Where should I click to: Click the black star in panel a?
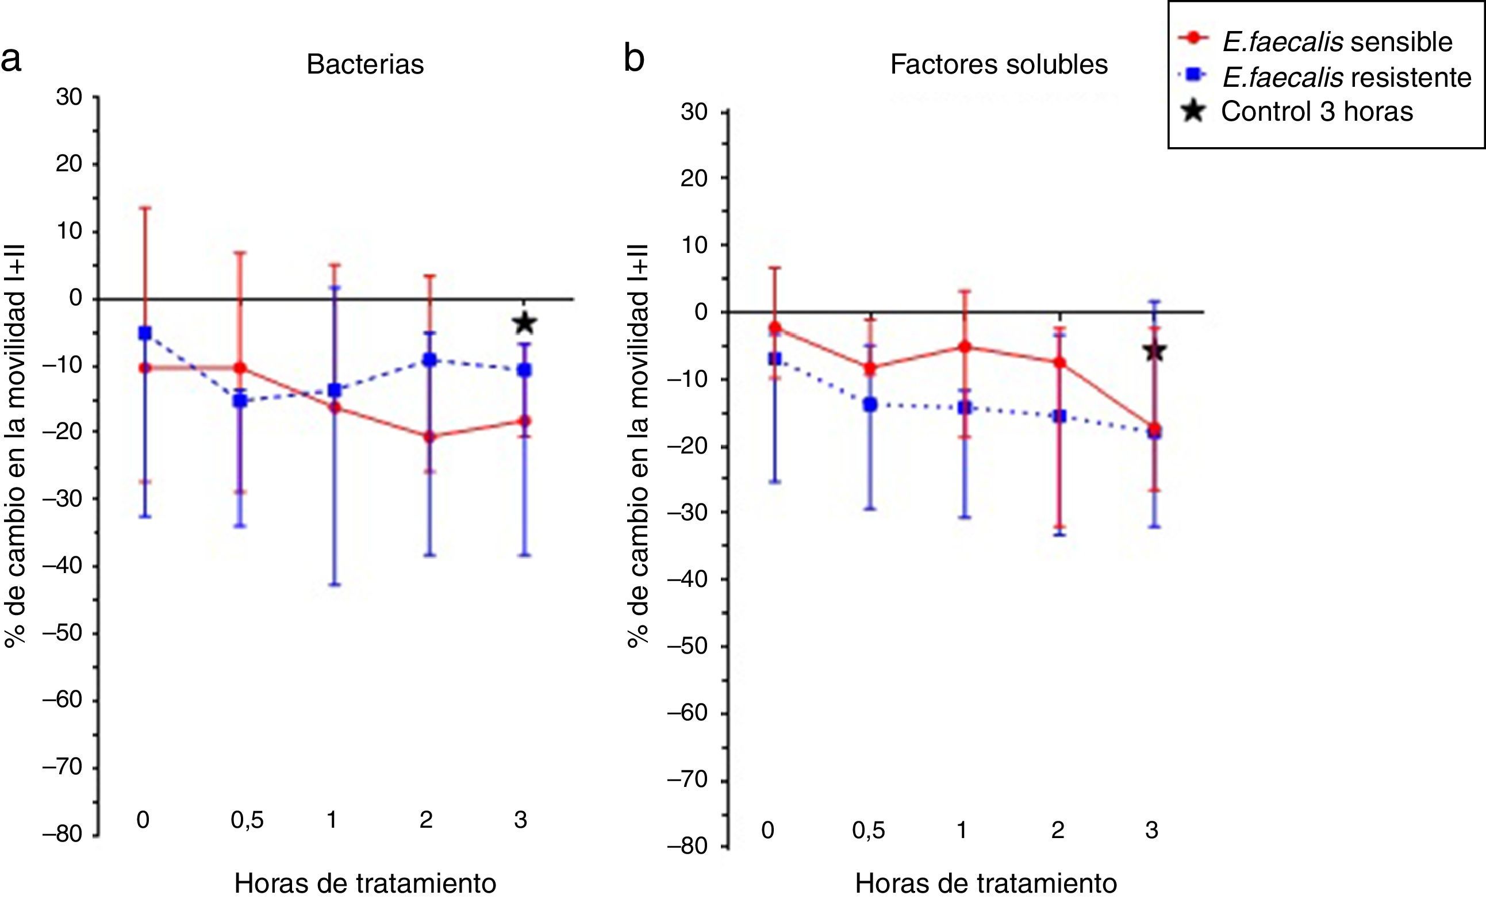(524, 323)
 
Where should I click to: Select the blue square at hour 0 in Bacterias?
(145, 333)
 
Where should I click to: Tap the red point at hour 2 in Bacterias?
(430, 436)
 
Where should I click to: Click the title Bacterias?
(365, 64)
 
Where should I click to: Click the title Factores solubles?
(999, 64)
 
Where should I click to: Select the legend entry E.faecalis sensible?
(1337, 41)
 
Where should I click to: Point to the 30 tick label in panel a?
(69, 97)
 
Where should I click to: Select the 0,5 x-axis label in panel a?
(247, 820)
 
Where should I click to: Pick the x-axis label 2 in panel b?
(1058, 830)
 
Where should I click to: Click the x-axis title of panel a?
(365, 883)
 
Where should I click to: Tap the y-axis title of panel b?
(638, 445)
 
